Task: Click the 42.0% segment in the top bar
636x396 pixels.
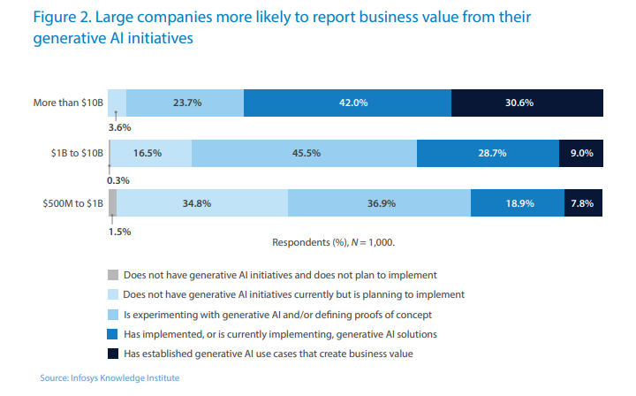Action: [347, 103]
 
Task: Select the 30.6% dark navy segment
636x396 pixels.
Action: [526, 103]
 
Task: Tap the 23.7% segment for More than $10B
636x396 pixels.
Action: [185, 103]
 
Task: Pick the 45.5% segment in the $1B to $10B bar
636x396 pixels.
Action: [304, 153]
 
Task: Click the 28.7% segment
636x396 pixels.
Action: [488, 153]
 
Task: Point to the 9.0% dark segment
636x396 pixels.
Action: [581, 153]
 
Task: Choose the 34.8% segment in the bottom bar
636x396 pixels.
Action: [202, 203]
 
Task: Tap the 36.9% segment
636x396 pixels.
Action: [379, 203]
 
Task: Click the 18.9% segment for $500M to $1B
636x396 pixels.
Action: [518, 203]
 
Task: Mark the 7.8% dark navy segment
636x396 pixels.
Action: [583, 203]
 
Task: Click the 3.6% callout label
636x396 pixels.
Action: [118, 128]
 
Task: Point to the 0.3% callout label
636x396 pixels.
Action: [117, 180]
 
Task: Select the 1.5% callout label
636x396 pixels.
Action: [118, 232]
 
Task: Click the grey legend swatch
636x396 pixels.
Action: [111, 274]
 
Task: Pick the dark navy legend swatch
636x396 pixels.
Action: [111, 354]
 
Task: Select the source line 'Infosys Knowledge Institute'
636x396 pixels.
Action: [110, 378]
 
